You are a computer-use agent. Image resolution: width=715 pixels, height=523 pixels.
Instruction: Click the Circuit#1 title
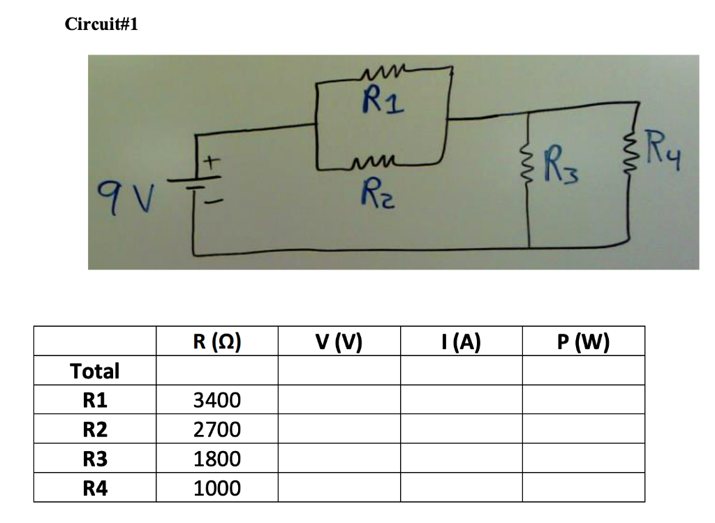[x=101, y=24]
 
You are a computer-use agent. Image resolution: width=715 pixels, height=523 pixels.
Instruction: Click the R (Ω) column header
[x=217, y=341]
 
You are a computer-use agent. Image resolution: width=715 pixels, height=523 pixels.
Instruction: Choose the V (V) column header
[x=339, y=341]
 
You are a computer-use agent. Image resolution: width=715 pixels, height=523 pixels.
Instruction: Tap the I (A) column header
[x=461, y=341]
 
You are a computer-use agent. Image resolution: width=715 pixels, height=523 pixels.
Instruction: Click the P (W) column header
[x=583, y=341]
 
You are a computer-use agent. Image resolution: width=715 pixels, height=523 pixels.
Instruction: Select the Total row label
[x=95, y=371]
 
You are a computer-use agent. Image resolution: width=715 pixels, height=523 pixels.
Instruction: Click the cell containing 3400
[x=217, y=400]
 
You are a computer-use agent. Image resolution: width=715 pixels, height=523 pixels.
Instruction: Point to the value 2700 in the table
[x=217, y=429]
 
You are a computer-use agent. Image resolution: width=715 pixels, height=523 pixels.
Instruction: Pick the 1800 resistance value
[x=217, y=459]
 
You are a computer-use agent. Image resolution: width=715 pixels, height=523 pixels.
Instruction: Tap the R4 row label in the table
[x=95, y=488]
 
